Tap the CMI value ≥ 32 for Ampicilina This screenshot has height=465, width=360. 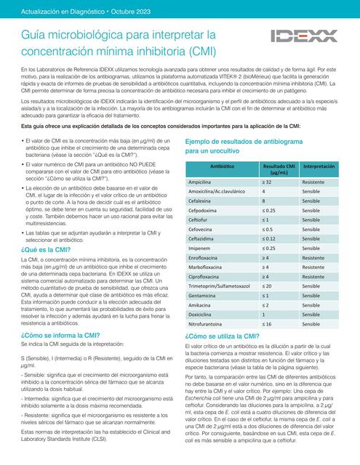click(267, 181)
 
